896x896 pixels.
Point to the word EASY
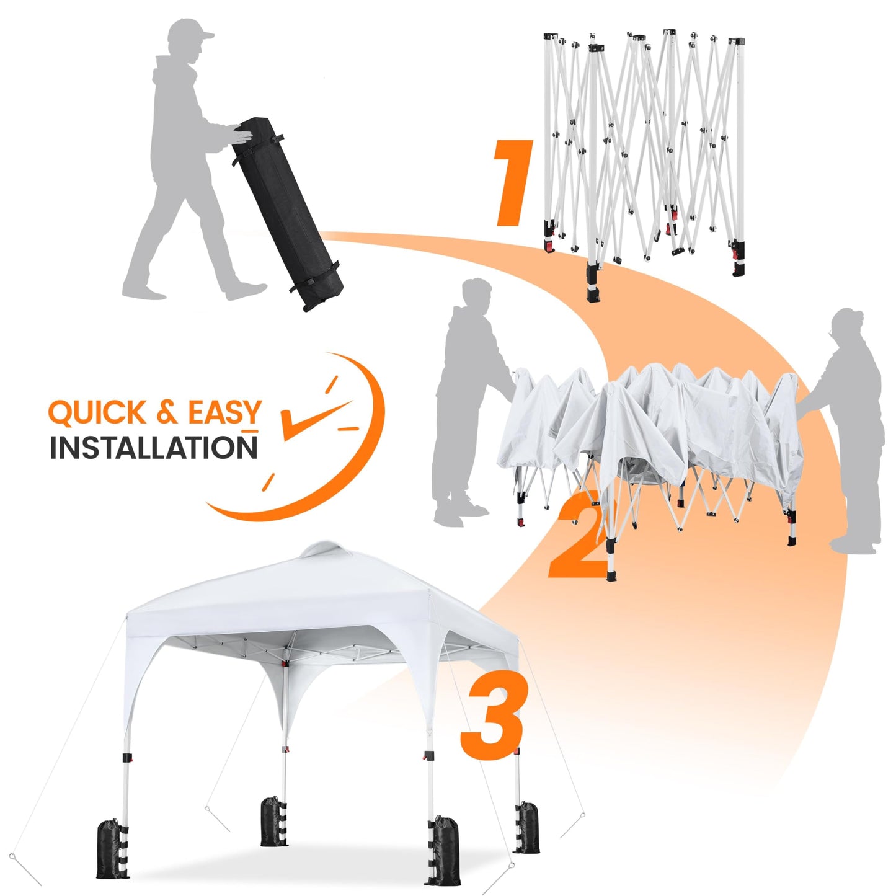(224, 413)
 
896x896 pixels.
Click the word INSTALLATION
(153, 448)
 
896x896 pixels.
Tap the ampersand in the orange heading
(166, 413)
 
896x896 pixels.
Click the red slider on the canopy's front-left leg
(128, 759)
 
